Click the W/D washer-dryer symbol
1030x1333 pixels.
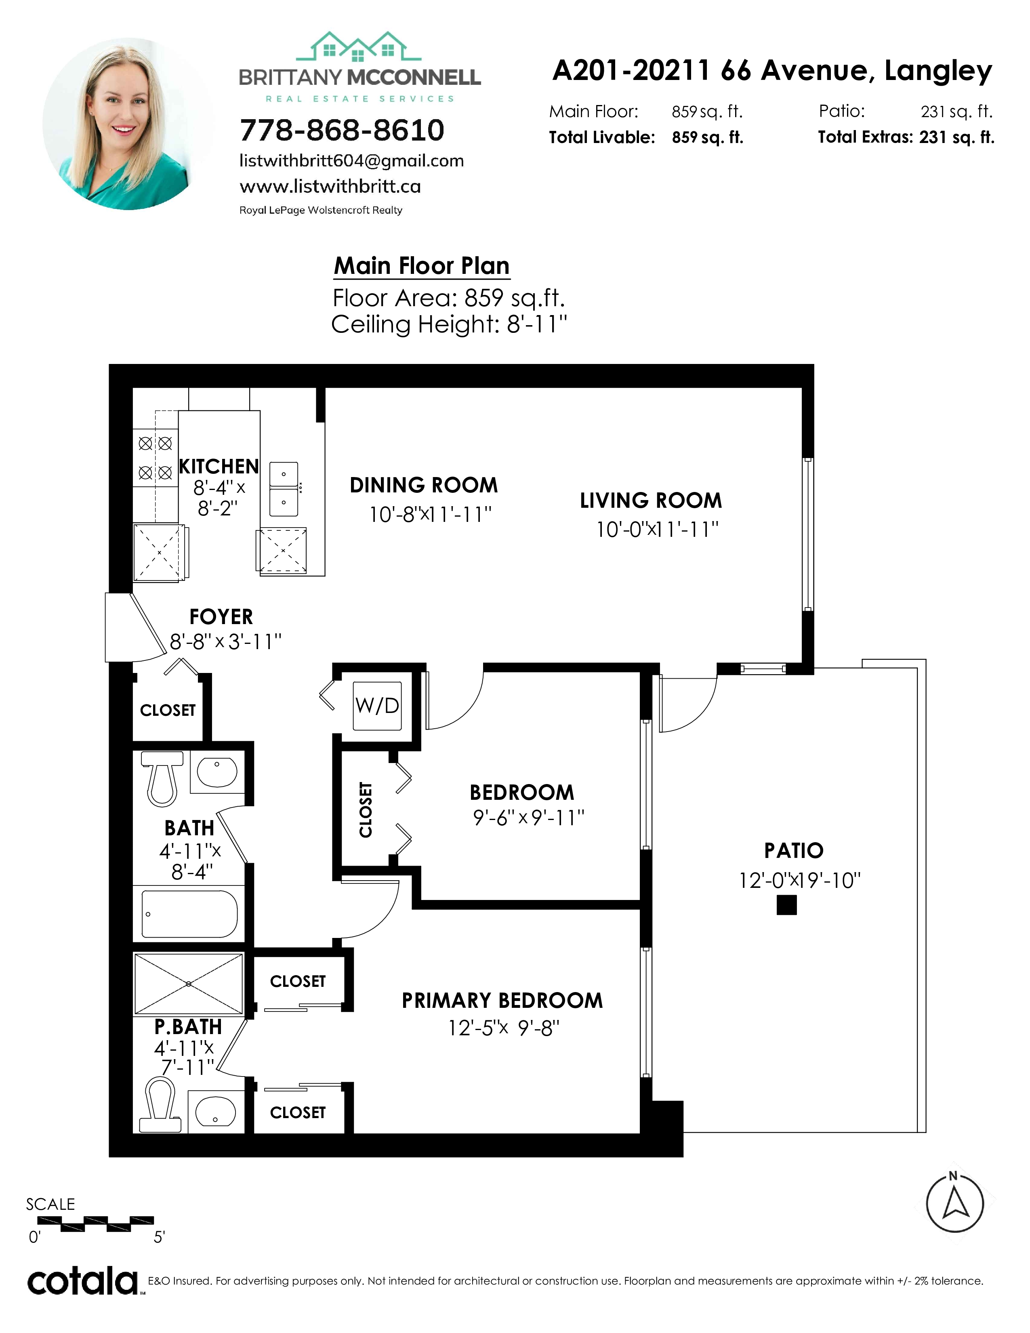(x=377, y=706)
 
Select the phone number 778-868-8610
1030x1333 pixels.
(x=342, y=130)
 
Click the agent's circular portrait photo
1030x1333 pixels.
(x=128, y=124)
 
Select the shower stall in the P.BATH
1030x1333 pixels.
(x=189, y=984)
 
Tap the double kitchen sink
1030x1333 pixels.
(x=283, y=488)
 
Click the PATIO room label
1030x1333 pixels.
(x=794, y=850)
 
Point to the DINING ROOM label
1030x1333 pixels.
(x=423, y=485)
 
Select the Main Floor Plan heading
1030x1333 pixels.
(x=422, y=266)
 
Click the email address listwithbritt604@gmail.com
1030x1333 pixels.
(x=351, y=161)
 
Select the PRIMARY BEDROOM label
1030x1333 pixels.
(x=502, y=1001)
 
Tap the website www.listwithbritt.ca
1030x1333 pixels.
(x=330, y=186)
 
